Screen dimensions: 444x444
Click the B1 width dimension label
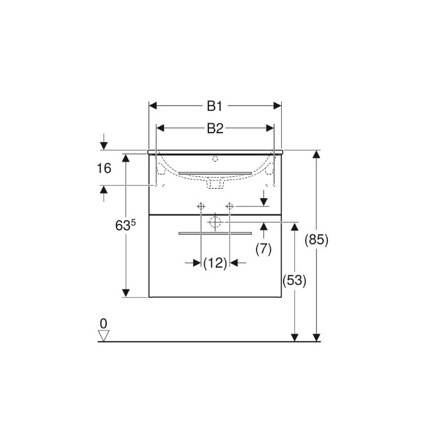[x=215, y=106]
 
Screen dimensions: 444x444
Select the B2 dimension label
[x=215, y=128]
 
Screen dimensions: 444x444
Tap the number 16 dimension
[x=104, y=168]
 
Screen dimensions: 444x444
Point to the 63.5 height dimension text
[x=125, y=225]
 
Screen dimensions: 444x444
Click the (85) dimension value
[x=316, y=240]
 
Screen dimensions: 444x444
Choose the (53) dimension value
[x=295, y=281]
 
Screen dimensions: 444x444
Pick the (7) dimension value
[x=263, y=249]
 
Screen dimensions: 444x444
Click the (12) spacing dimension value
[x=215, y=263]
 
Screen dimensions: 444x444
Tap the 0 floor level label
[x=104, y=323]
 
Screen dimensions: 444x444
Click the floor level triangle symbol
[x=104, y=336]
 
